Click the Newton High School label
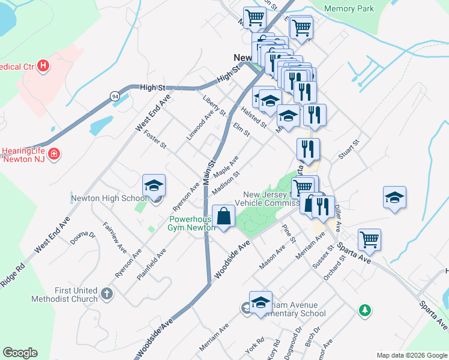point(109,198)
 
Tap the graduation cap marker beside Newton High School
point(154,188)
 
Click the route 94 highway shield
point(114,95)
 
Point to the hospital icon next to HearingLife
point(54,154)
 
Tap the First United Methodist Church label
point(67,295)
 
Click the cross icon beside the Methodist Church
point(106,294)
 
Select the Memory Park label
point(349,8)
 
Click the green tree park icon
point(364,310)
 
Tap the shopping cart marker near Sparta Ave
point(369,240)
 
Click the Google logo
point(20,353)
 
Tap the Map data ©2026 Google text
point(412,355)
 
